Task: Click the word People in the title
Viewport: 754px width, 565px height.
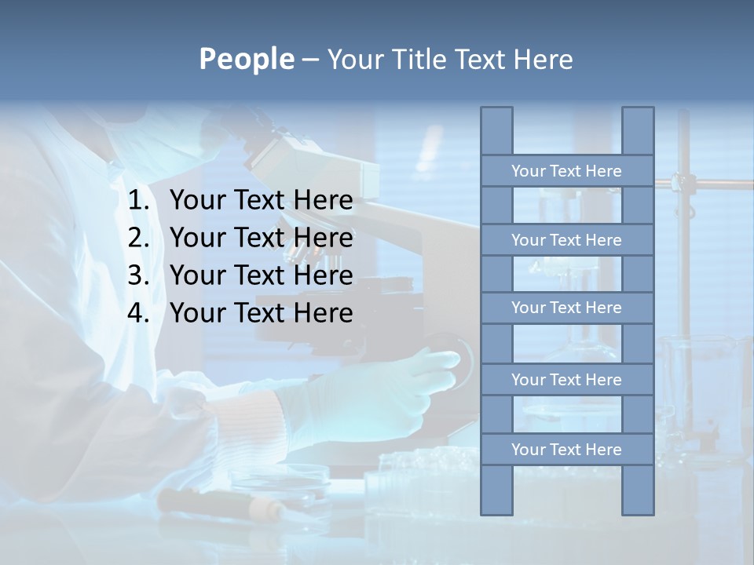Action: (246, 59)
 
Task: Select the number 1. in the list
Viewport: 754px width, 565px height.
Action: (140, 201)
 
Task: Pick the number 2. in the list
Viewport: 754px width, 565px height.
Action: (140, 238)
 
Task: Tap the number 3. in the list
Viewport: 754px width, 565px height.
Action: (140, 275)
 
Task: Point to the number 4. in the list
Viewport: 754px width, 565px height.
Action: (140, 313)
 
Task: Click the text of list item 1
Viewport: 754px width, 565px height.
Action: (261, 201)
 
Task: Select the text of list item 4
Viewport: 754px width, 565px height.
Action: (261, 313)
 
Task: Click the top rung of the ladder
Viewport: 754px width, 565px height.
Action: (566, 171)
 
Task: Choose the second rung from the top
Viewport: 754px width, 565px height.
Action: (566, 240)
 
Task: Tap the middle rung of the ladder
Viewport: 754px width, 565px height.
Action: (566, 308)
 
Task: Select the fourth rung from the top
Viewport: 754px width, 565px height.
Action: (566, 380)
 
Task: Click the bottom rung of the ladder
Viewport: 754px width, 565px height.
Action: (566, 450)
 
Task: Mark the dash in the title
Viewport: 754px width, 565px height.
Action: (309, 60)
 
